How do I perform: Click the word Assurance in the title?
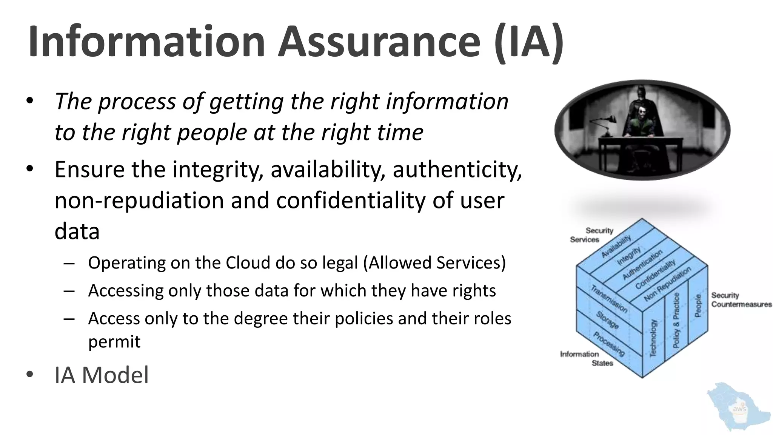379,42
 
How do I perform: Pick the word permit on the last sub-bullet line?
114,342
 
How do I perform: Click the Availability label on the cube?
616,246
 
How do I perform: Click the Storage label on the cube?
607,320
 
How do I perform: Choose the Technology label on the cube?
653,338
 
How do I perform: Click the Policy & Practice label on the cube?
676,320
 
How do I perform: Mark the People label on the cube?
698,305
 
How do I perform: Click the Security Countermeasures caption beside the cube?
741,300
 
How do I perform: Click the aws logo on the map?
739,409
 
